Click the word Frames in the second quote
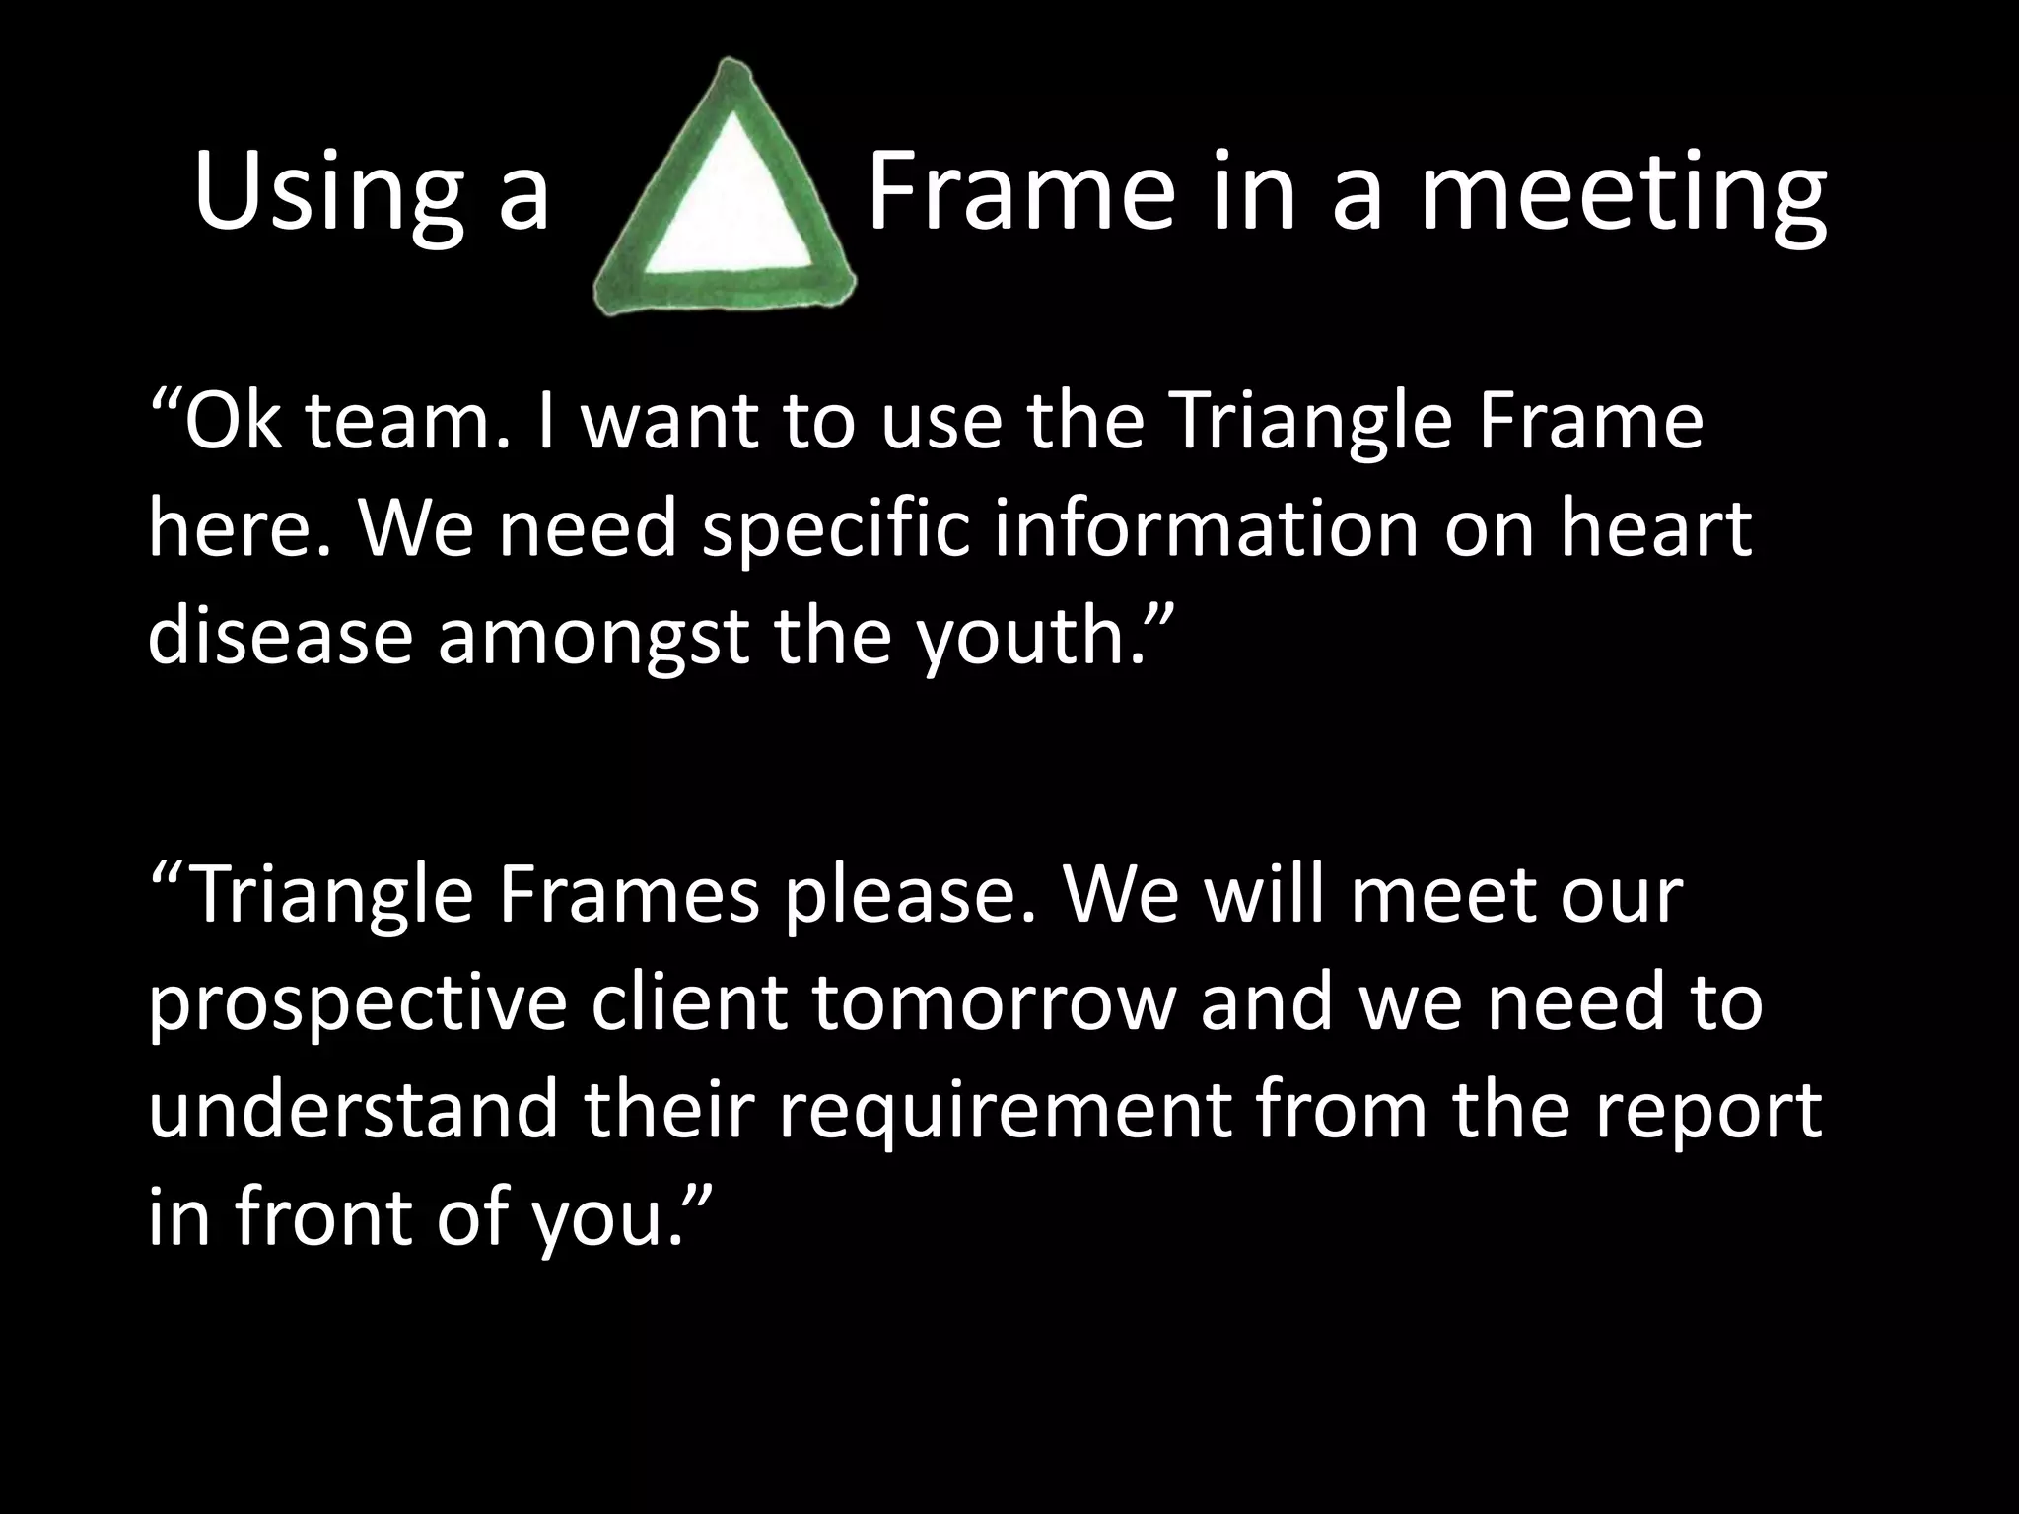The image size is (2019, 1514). click(x=628, y=895)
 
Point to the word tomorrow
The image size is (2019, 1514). click(x=994, y=1003)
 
